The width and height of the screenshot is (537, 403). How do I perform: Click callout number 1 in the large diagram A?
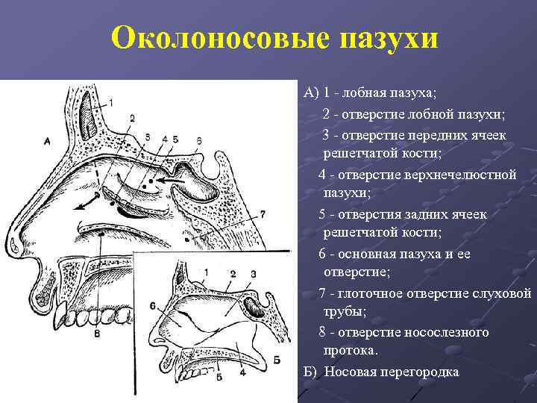pyautogui.click(x=111, y=101)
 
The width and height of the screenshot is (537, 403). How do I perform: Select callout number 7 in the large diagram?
pyautogui.click(x=262, y=215)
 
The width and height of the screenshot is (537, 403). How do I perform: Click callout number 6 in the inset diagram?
pyautogui.click(x=152, y=304)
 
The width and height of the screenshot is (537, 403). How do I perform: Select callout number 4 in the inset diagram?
pyautogui.click(x=243, y=371)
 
